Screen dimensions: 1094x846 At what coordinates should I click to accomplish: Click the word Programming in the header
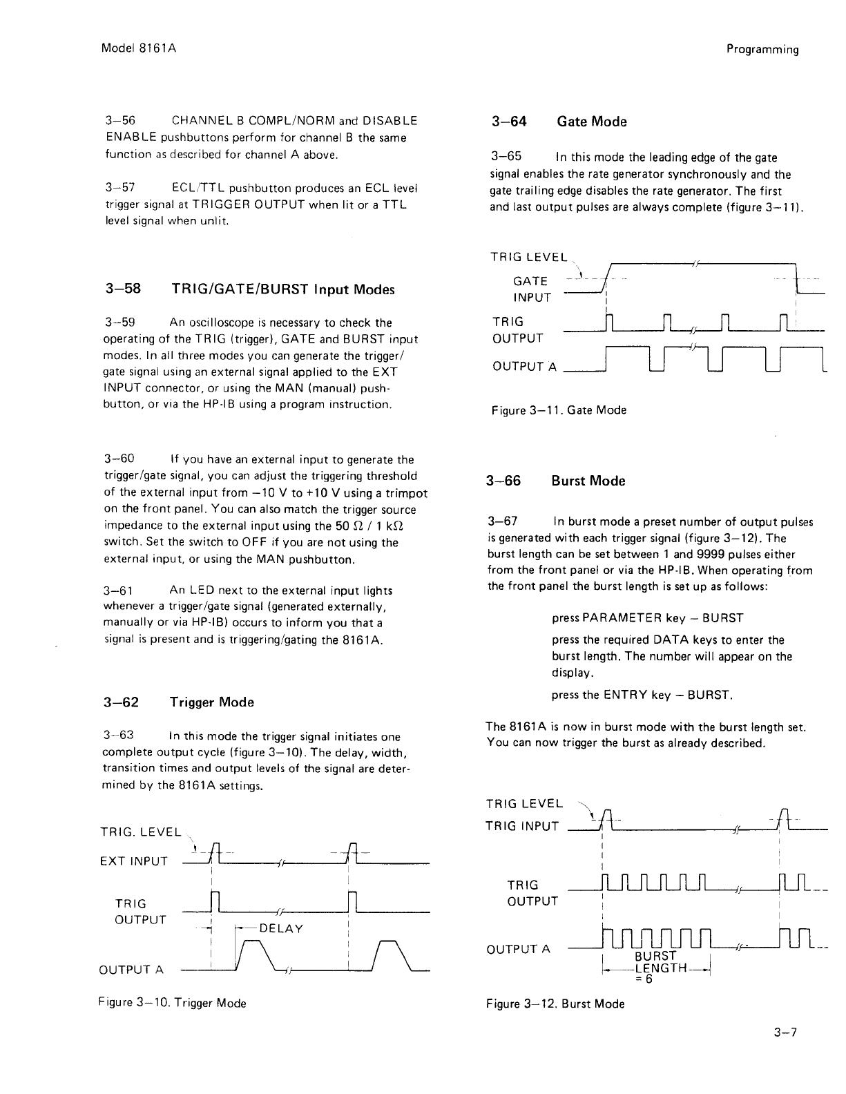coord(762,49)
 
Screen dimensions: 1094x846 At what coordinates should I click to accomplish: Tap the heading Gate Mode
coord(591,122)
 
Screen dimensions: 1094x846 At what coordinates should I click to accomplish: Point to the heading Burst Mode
coord(588,481)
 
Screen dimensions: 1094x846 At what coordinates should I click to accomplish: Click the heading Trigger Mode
coord(211,702)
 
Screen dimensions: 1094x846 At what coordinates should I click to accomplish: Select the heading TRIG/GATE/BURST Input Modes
coord(282,289)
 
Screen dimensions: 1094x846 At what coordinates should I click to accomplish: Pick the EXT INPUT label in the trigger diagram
coord(133,861)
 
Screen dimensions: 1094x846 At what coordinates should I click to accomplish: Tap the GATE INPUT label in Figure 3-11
coord(531,289)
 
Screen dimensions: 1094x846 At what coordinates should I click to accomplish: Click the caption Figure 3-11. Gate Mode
coord(559,410)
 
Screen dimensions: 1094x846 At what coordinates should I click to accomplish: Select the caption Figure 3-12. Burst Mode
coord(555,1004)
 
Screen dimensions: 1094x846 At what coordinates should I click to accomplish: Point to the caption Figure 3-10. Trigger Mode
coord(173,1003)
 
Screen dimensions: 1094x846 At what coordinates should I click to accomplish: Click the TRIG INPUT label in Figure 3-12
coord(522,825)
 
